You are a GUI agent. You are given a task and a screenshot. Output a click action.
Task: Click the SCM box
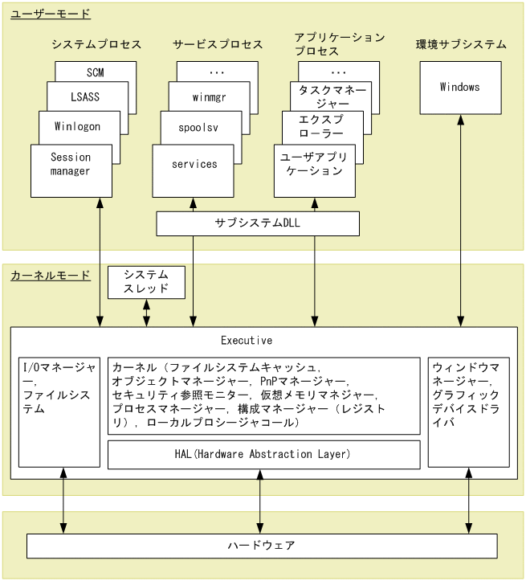(96, 72)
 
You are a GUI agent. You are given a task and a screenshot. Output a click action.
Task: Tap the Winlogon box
(79, 126)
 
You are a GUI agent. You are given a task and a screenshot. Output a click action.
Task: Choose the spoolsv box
(201, 126)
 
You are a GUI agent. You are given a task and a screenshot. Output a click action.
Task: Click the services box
(194, 164)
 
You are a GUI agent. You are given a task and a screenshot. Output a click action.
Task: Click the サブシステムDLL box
(257, 223)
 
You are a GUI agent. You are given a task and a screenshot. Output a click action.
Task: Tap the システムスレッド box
(146, 282)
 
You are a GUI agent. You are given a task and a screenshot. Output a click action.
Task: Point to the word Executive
(247, 341)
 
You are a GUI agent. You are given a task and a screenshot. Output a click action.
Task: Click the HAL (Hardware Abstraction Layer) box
(263, 455)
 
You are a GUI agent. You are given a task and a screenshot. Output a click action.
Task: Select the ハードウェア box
(261, 546)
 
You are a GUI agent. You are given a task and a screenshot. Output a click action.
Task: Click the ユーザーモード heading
(51, 14)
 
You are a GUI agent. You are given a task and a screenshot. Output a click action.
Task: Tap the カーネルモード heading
(51, 276)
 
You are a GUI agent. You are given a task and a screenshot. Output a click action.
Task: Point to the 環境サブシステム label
(461, 44)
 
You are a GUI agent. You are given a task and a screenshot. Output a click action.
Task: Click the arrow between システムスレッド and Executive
(146, 313)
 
